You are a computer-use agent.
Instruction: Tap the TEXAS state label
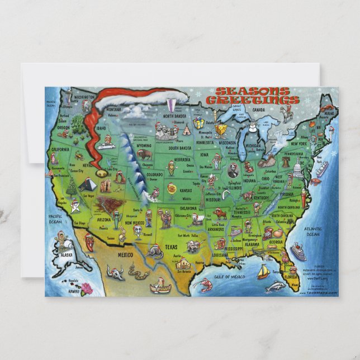click(x=171, y=246)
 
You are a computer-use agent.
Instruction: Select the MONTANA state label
click(x=114, y=110)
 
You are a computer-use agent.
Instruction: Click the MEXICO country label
click(x=125, y=255)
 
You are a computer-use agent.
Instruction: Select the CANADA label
click(x=258, y=110)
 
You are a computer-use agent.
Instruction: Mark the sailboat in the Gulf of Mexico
click(x=263, y=272)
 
